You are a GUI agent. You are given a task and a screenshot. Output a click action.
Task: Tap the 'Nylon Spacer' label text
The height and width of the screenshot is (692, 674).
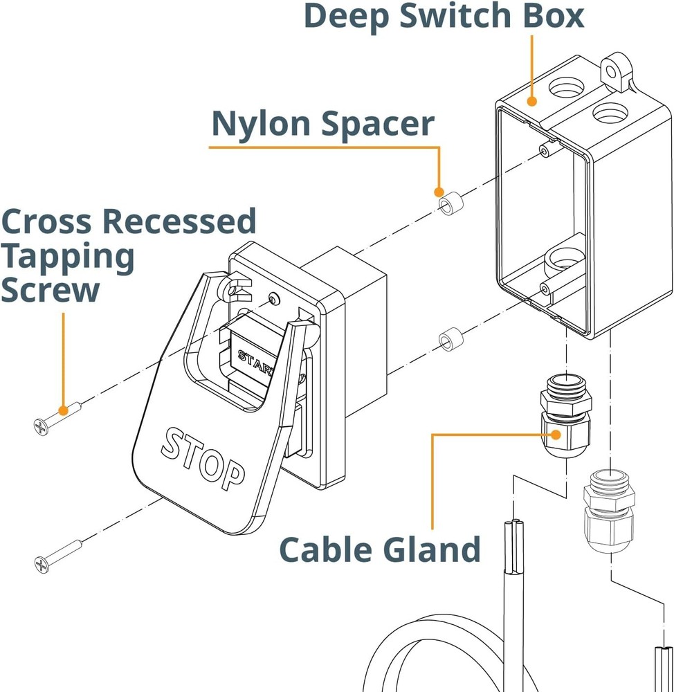322,124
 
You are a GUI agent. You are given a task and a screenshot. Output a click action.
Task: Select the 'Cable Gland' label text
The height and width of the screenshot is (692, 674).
379,549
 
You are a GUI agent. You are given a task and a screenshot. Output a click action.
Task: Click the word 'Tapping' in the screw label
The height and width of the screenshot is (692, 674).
68,256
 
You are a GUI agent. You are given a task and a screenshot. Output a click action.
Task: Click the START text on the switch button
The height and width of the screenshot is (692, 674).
255,360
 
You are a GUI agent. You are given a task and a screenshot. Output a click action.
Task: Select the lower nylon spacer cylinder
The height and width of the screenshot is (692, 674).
449,340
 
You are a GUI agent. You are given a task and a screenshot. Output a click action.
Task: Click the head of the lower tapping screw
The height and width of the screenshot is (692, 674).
42,565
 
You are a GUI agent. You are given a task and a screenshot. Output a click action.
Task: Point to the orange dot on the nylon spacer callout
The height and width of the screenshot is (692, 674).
438,192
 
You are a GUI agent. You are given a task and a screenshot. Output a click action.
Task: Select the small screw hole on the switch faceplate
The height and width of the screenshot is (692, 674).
275,299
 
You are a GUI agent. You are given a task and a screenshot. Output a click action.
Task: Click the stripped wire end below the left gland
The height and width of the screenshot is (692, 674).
514,547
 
